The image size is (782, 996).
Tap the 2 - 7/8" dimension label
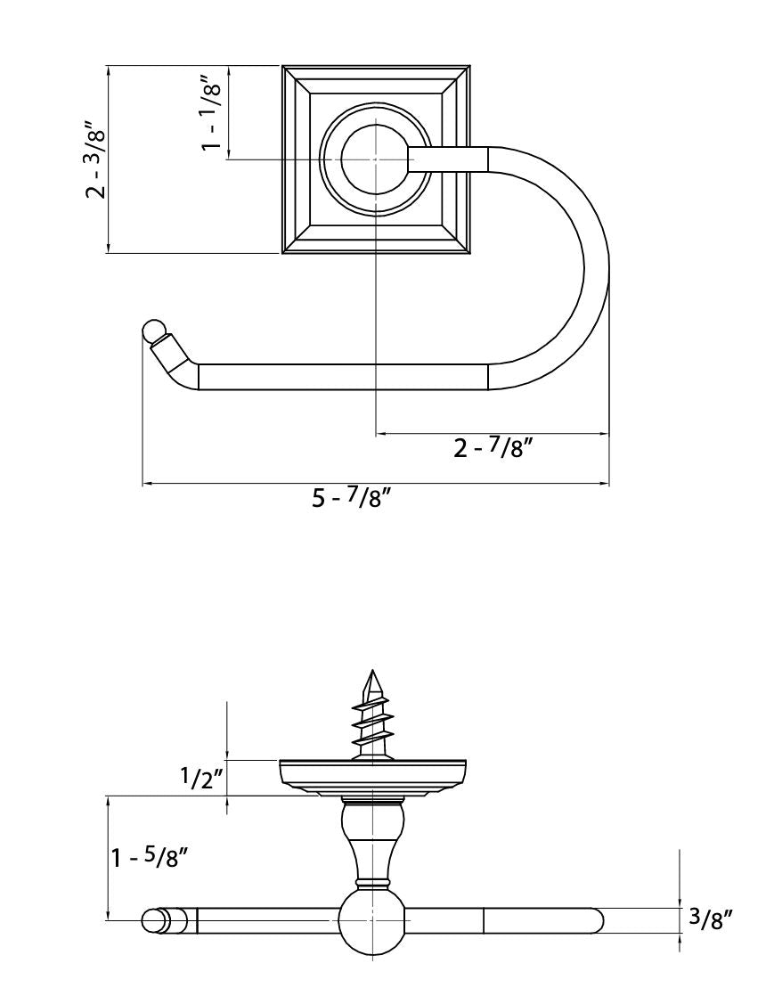(x=493, y=448)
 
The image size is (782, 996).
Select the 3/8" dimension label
(x=710, y=921)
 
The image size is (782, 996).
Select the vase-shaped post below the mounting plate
(x=371, y=837)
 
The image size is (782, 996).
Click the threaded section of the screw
(x=371, y=723)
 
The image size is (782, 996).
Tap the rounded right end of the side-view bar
(x=593, y=920)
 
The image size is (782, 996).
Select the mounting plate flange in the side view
(x=372, y=772)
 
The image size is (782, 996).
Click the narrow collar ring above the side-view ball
(x=371, y=883)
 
